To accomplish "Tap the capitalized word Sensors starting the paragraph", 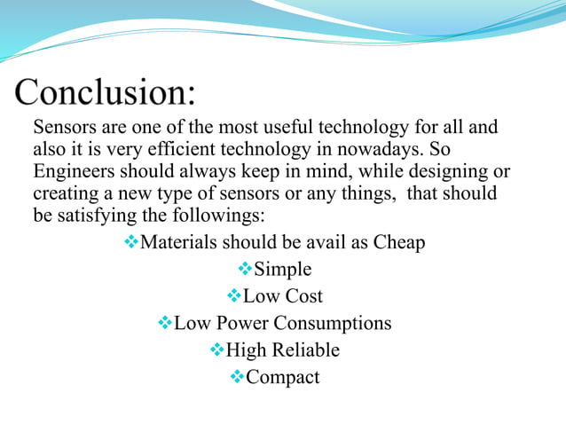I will (x=65, y=128).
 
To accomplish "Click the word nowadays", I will (x=383, y=149).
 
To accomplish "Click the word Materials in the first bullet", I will (x=179, y=242).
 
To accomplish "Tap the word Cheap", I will (x=397, y=242).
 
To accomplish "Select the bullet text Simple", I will (x=282, y=269).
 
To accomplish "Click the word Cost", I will (x=303, y=296).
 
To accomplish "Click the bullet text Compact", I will (x=282, y=377).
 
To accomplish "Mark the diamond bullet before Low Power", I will (x=163, y=323).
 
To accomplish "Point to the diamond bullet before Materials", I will (x=131, y=242).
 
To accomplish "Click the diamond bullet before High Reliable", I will (x=216, y=350).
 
